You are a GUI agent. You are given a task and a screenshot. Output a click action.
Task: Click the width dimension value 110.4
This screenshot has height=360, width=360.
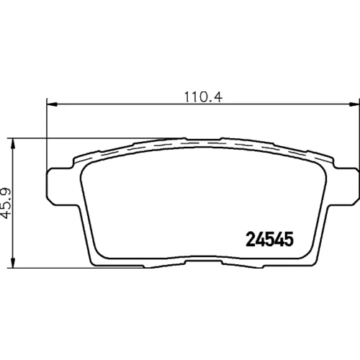coord(203,97)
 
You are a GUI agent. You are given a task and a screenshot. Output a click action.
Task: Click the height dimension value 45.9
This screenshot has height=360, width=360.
coord(6,203)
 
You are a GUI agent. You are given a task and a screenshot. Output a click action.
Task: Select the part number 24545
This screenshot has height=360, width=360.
coord(269,239)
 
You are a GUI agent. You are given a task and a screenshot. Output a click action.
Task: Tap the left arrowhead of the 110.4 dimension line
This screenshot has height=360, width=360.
coord(52,104)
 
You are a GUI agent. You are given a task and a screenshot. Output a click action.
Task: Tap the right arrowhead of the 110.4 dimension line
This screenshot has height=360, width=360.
coord(354,104)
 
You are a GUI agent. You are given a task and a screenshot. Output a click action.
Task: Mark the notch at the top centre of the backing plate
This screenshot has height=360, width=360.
coord(203,139)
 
